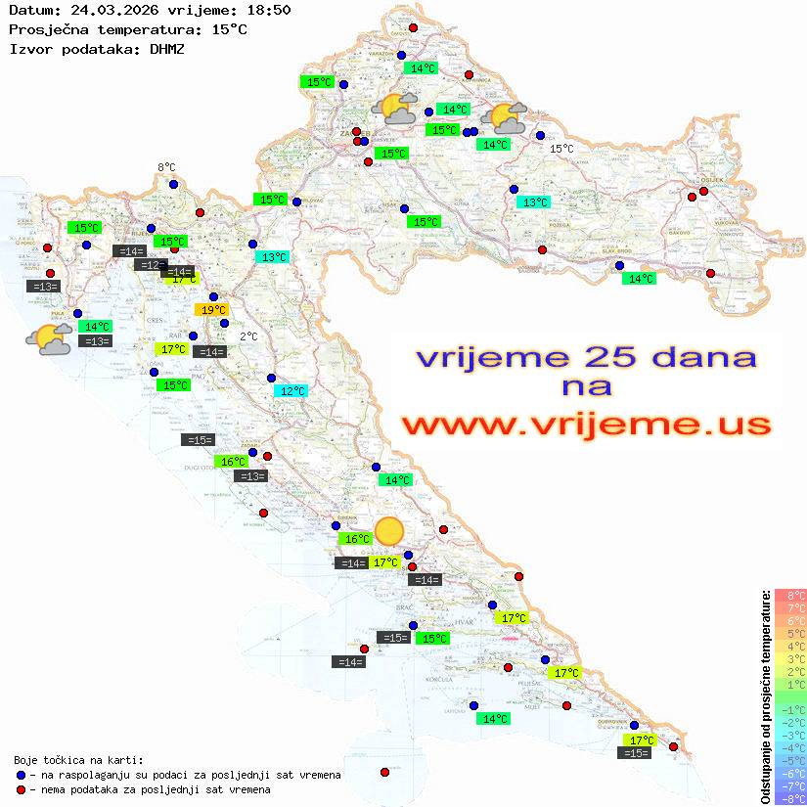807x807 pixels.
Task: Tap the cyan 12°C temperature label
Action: pos(291,391)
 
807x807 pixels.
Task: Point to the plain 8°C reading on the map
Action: pos(166,168)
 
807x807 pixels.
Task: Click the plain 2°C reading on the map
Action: pos(248,336)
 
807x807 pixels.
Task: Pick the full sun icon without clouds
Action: pos(389,531)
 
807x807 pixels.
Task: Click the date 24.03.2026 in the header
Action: pos(103,10)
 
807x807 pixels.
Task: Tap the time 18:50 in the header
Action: pos(270,10)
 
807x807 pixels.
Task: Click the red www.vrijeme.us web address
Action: pos(586,425)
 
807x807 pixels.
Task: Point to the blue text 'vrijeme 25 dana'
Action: pos(586,356)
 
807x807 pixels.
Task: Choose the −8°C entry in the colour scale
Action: pos(789,798)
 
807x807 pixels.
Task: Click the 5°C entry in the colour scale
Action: pos(789,633)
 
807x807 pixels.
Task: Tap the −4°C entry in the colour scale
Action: pos(789,747)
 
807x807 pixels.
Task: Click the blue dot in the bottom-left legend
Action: pos(22,775)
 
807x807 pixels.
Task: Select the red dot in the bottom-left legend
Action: pos(22,789)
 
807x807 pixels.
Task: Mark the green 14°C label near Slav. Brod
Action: pos(639,279)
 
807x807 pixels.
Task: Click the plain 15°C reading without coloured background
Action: pos(560,149)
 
